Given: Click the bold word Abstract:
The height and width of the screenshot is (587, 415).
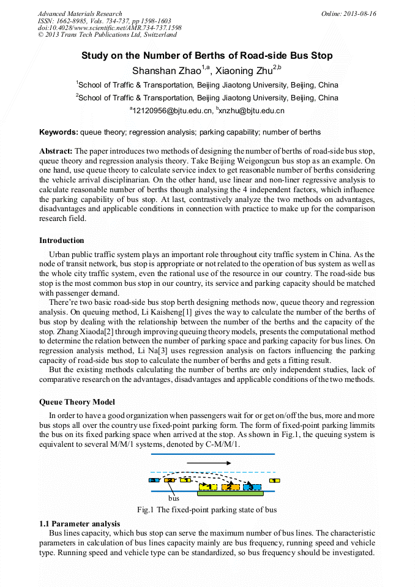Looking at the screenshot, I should tap(56, 151).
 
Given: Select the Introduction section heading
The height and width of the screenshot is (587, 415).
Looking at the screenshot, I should tap(62, 241).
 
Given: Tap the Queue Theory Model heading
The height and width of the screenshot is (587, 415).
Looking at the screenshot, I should tap(77, 403).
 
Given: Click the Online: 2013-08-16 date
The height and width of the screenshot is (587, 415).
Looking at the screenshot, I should tap(349, 13).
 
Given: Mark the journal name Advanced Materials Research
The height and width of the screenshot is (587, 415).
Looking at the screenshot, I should tap(80, 13).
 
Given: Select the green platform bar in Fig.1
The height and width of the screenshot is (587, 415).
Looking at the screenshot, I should tap(230, 493).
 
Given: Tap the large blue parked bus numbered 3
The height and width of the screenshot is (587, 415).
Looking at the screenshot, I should tap(252, 487).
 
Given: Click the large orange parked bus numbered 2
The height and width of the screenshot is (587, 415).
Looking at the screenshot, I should tap(230, 487).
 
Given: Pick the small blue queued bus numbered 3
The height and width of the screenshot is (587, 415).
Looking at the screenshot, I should tap(154, 480).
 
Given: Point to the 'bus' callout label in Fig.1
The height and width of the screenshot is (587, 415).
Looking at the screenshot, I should tap(174, 499).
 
